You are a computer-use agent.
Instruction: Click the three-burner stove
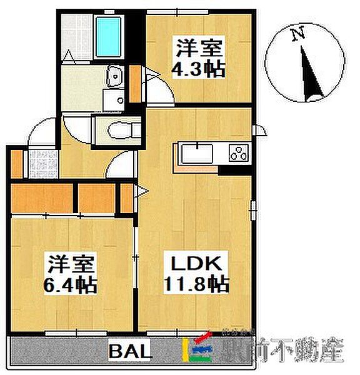[x=238, y=152]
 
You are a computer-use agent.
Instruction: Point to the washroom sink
[x=113, y=77]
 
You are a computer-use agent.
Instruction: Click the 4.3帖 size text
[x=200, y=67]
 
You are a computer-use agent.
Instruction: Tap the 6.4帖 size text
[x=70, y=286]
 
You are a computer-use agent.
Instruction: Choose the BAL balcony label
[x=130, y=352]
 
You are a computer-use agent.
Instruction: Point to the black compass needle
[x=308, y=74]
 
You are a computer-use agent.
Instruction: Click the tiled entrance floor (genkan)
[x=41, y=164]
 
